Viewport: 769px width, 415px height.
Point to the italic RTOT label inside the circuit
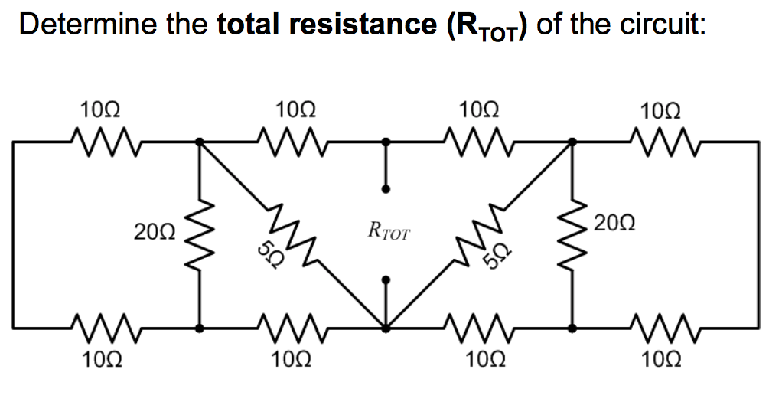click(388, 228)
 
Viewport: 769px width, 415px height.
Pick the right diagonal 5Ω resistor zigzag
click(482, 233)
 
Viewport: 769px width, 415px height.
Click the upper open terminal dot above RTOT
click(386, 188)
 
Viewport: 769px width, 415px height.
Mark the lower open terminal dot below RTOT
click(386, 280)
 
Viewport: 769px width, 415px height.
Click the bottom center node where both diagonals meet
click(386, 328)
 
